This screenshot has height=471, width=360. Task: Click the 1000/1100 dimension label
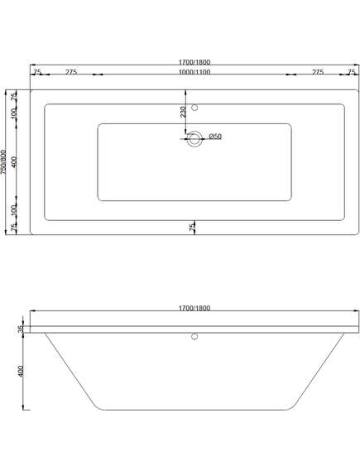pos(194,72)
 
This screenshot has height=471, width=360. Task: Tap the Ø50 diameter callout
pos(215,137)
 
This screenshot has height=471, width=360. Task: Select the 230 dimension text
pos(183,112)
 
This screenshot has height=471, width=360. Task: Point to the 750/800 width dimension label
pos(3,162)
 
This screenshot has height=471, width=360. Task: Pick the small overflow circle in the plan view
pos(194,108)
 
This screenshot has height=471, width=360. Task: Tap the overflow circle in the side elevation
pos(194,336)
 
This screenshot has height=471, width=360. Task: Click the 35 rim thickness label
pos(21,329)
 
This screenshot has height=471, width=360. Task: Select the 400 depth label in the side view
pos(21,372)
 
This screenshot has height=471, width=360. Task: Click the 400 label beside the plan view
pos(14,162)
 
